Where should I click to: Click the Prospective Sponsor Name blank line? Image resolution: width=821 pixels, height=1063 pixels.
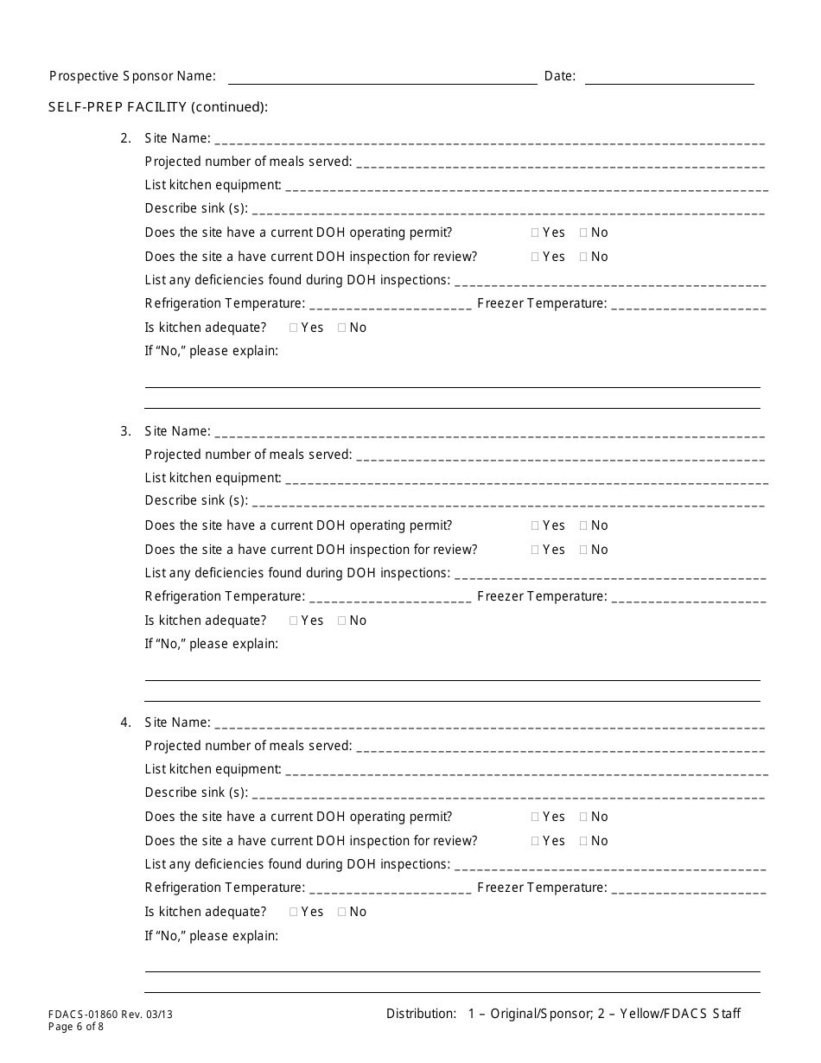point(382,78)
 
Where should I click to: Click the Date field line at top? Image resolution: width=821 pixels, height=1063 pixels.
point(669,78)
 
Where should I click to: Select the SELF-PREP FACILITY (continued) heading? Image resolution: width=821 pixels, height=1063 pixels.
point(158,107)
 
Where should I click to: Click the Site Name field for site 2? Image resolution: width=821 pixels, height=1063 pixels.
point(488,140)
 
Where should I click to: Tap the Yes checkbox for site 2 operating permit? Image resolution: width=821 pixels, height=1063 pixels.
point(535,232)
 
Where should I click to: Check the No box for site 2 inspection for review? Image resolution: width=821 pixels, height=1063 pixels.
point(583,257)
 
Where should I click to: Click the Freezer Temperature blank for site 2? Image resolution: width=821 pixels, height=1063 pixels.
point(688,305)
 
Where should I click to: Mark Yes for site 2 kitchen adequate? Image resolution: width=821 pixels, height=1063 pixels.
point(294,328)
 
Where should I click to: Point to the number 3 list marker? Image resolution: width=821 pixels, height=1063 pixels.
point(125,431)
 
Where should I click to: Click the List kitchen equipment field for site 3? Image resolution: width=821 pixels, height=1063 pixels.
point(525,480)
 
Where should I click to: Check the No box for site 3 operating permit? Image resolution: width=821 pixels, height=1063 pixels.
point(583,525)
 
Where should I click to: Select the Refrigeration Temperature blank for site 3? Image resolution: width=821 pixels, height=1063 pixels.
point(389,598)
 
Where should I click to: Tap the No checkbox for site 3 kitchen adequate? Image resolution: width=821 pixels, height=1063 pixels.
point(342,621)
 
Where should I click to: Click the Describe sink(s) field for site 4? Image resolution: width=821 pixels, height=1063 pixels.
point(508,794)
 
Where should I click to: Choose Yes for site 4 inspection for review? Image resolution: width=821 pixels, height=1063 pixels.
point(535,841)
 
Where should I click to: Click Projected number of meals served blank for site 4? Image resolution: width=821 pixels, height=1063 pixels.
point(560,748)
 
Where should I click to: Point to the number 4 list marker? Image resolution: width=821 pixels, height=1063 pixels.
point(125,722)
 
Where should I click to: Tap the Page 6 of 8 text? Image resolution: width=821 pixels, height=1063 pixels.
point(76,1028)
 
